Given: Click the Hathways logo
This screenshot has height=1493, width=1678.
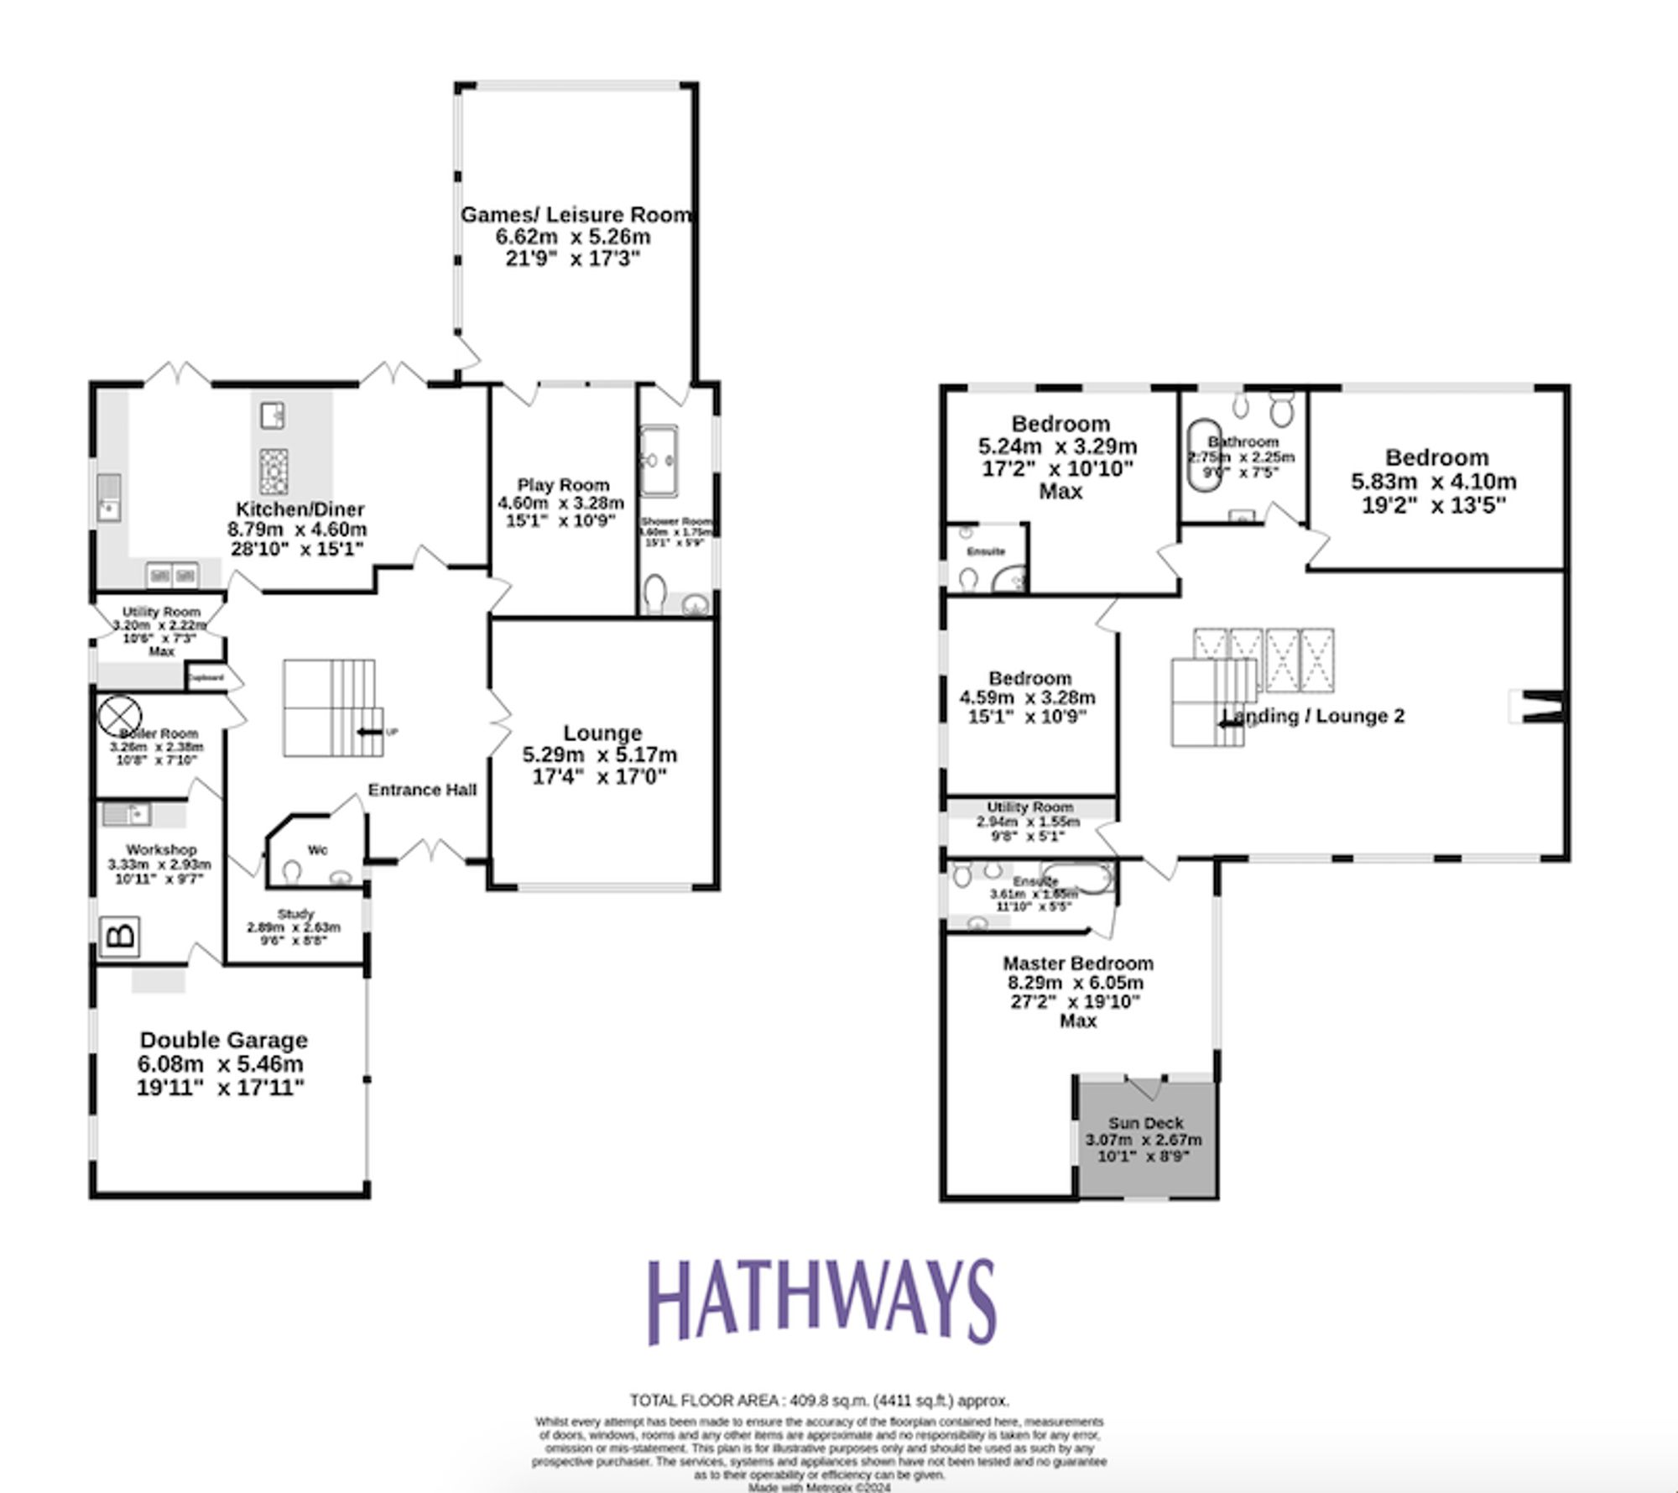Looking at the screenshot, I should pyautogui.click(x=821, y=1302).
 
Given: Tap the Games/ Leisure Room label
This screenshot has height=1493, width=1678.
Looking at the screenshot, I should pyautogui.click(x=576, y=215).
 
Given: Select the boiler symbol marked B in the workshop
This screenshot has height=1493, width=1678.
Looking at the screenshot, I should pyautogui.click(x=120, y=936).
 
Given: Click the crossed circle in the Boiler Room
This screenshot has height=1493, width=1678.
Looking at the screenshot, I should pyautogui.click(x=115, y=716).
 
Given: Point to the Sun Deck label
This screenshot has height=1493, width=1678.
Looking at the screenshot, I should pyautogui.click(x=1145, y=1123).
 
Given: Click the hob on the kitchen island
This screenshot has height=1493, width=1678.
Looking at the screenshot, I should pyautogui.click(x=273, y=472).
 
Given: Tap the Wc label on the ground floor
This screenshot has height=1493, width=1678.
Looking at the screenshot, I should pyautogui.click(x=317, y=850).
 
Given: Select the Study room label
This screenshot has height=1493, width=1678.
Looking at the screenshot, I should pyautogui.click(x=294, y=914).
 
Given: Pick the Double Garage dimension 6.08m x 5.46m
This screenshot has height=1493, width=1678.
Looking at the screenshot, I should pyautogui.click(x=221, y=1064).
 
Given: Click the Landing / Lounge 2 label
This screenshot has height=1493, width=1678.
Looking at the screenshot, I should pyautogui.click(x=1313, y=716).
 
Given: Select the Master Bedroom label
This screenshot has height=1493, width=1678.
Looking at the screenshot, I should pyautogui.click(x=1077, y=963).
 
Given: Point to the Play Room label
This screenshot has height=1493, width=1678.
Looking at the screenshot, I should pyautogui.click(x=563, y=485).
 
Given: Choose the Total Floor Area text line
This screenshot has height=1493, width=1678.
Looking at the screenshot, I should pyautogui.click(x=819, y=1401).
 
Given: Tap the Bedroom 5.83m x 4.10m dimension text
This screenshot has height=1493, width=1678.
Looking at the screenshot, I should pyautogui.click(x=1434, y=482).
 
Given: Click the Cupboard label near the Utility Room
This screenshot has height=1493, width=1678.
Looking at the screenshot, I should pyautogui.click(x=206, y=677).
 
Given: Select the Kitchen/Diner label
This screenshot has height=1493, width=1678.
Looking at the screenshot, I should pyautogui.click(x=300, y=509).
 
